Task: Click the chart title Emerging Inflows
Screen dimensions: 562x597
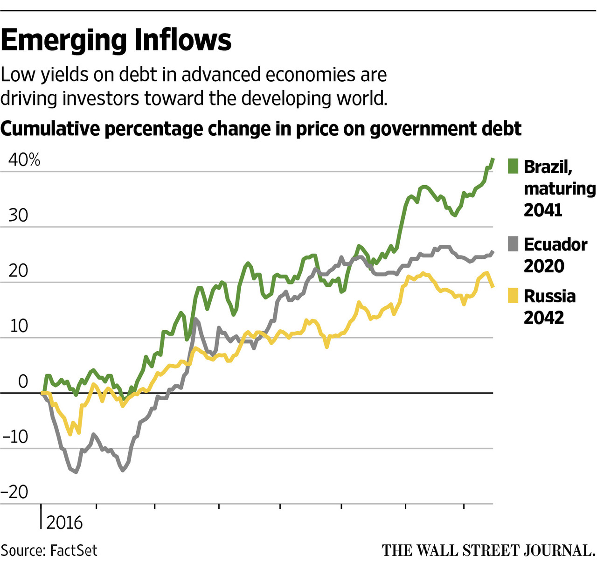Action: pos(116,40)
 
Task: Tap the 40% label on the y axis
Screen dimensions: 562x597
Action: pos(24,160)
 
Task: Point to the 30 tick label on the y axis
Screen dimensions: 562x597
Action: pos(18,215)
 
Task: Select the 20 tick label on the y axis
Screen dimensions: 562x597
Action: pos(18,271)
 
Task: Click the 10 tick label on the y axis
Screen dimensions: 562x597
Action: pos(19,326)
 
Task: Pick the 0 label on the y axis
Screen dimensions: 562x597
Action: pos(23,382)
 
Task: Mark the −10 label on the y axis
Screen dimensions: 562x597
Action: pos(15,437)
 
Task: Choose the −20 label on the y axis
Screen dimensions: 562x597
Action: pos(15,492)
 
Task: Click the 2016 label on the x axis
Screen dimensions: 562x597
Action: pos(64,523)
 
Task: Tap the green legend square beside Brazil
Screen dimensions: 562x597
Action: pos(513,166)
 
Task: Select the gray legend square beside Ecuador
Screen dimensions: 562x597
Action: pos(513,244)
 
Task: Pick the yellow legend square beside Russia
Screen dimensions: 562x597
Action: pos(513,296)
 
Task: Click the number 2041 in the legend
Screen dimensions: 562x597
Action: pos(543,210)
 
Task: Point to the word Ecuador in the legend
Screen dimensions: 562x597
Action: pos(555,244)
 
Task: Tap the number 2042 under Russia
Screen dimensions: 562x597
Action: pos(544,318)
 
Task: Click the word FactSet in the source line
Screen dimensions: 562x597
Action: pos(74,551)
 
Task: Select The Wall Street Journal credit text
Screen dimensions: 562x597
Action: pos(488,551)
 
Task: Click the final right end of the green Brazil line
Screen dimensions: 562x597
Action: pos(493,160)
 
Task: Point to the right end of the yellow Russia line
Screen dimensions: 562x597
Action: pos(493,286)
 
